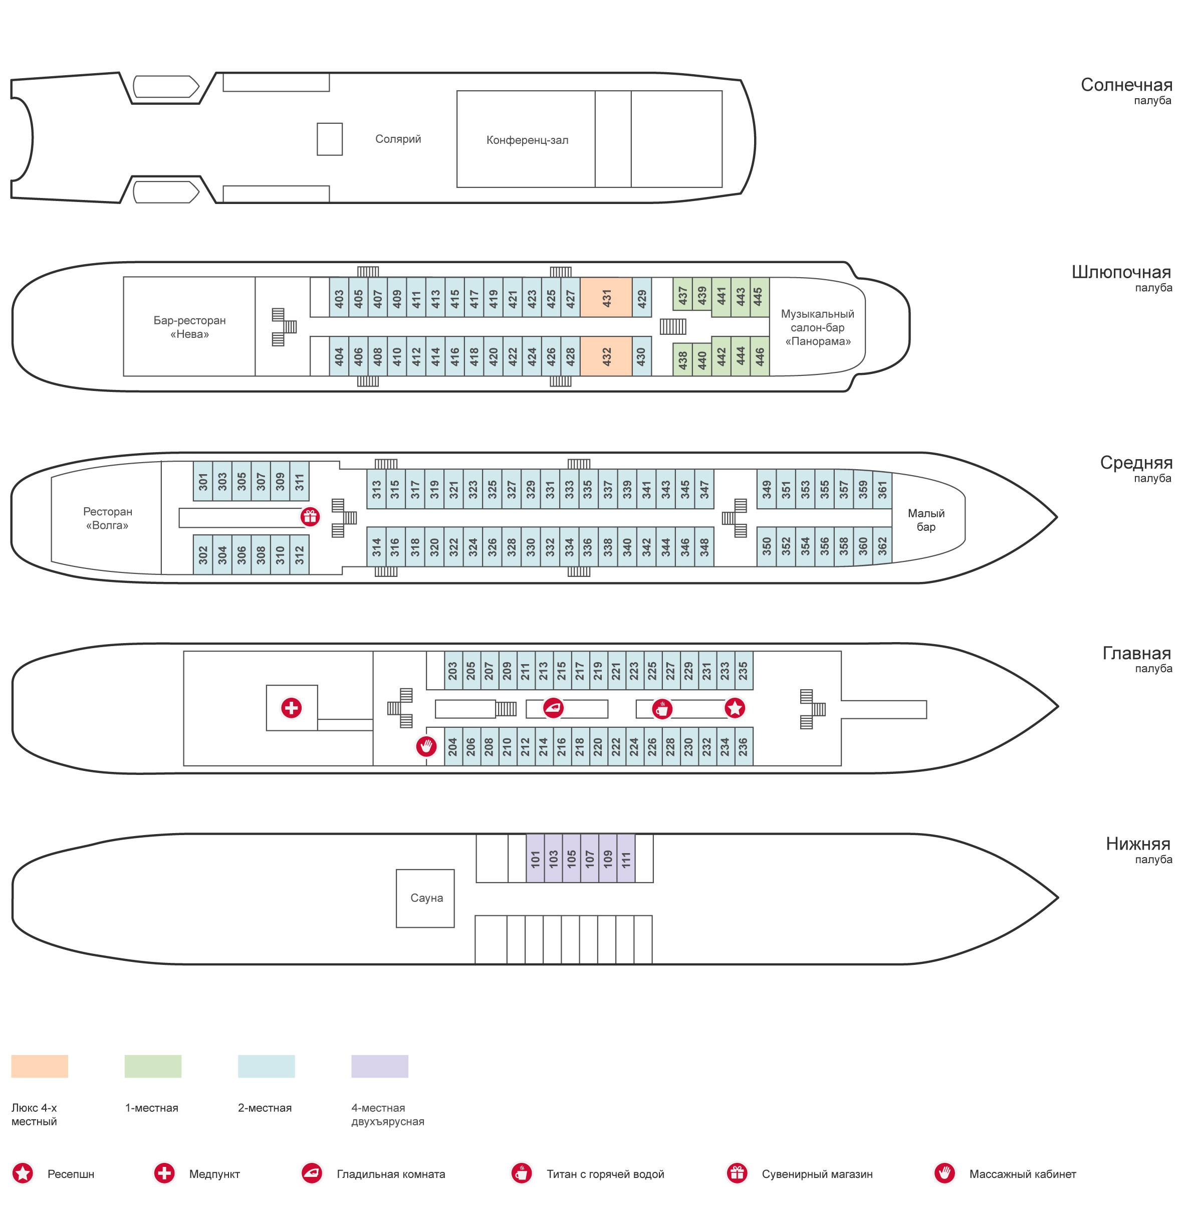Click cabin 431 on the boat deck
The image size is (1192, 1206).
[x=605, y=297]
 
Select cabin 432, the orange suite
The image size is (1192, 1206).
[x=605, y=356]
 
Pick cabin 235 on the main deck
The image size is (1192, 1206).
[x=743, y=670]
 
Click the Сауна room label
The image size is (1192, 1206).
[x=426, y=898]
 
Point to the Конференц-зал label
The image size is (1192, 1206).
[x=527, y=140]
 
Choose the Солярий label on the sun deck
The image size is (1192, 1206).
[x=397, y=138]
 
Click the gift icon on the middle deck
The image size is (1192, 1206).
[x=310, y=516]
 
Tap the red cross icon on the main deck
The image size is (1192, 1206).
[x=292, y=707]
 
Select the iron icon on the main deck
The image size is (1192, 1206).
[x=554, y=707]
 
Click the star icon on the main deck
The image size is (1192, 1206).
[x=735, y=708]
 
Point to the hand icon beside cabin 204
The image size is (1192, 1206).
[x=426, y=745]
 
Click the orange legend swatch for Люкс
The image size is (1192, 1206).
[x=39, y=1066]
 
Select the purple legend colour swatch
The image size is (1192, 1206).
[x=379, y=1066]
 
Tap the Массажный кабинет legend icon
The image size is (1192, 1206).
[x=944, y=1173]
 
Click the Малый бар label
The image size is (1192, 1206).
[x=925, y=520]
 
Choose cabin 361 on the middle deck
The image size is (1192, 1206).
[x=882, y=489]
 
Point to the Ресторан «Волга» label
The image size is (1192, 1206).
[x=107, y=518]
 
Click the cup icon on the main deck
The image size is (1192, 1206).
[x=661, y=708]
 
